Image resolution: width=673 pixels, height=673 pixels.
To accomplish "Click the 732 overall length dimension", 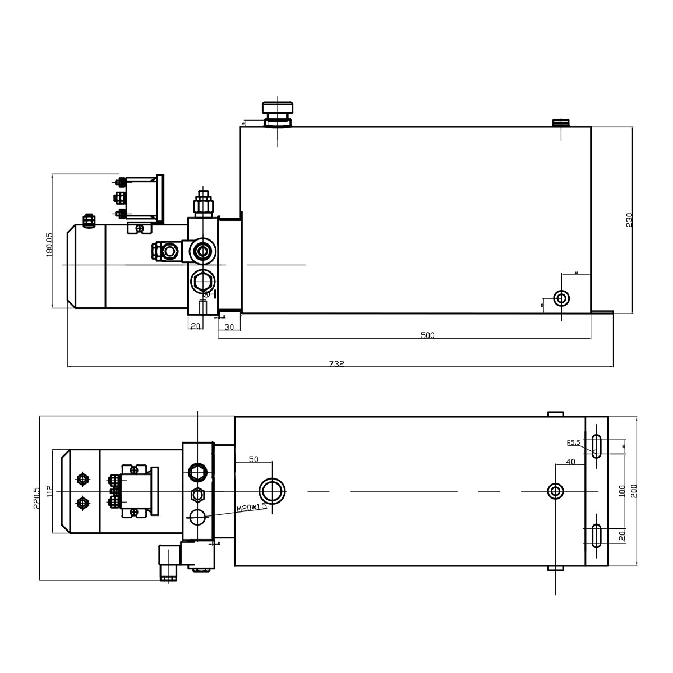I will point(336,363).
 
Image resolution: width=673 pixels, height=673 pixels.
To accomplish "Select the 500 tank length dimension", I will point(427,335).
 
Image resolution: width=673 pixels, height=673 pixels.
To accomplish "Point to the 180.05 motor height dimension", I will point(49,245).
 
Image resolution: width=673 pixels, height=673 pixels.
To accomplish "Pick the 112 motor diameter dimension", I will point(49,492).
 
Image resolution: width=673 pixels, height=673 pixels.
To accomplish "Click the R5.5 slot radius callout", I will point(573,442).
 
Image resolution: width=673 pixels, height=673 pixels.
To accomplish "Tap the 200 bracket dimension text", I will point(634,492).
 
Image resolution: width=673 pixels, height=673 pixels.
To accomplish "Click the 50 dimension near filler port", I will point(253,459).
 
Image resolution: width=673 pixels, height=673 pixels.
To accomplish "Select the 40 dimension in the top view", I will point(570,462).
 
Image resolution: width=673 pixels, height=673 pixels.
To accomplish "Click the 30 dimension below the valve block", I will point(229,327).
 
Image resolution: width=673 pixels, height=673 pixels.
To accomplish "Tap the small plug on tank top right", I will point(561,122).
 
